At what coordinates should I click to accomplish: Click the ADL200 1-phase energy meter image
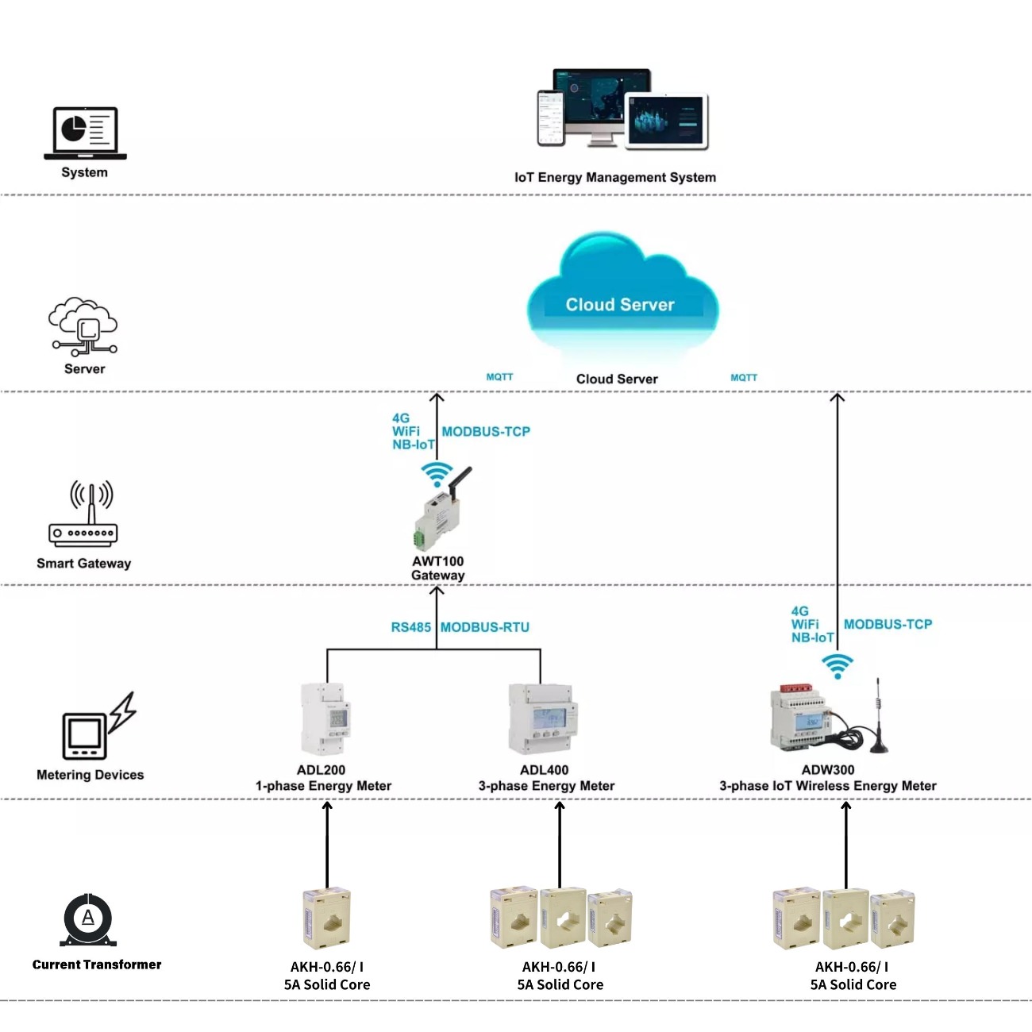[325, 719]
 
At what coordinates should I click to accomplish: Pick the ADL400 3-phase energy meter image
[543, 719]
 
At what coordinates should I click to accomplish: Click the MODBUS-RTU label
[485, 627]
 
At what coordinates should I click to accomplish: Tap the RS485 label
[410, 627]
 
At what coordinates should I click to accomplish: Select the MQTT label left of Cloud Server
[499, 377]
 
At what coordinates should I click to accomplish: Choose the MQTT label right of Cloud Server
[744, 378]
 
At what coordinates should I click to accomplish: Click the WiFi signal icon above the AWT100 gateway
[437, 474]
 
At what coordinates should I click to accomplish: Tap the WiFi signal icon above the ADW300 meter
[838, 666]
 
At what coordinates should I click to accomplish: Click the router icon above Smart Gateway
[83, 514]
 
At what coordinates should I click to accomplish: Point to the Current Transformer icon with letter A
[88, 919]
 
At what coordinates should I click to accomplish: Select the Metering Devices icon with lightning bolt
[98, 726]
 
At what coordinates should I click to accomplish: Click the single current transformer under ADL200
[326, 918]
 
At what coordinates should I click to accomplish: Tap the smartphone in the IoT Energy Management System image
[550, 118]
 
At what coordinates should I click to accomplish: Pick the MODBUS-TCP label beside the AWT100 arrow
[486, 432]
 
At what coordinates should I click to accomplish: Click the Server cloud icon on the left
[84, 327]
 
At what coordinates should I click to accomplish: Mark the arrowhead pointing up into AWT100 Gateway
[437, 591]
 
